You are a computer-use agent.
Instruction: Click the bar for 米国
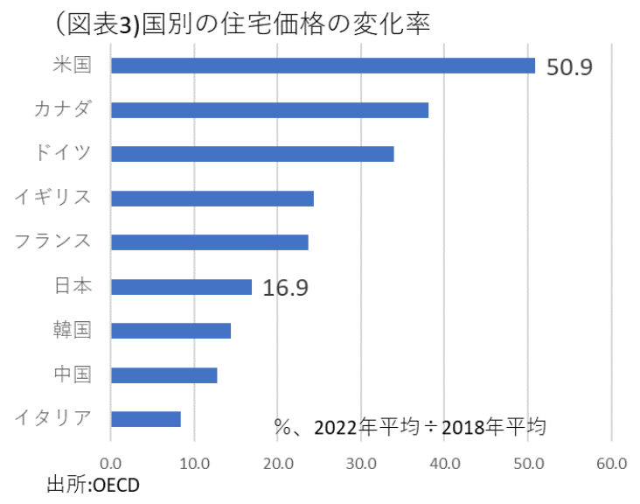pos(323,66)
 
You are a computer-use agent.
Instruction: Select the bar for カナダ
pos(269,110)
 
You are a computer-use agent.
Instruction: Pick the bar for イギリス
pos(212,199)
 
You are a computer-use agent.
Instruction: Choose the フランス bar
pos(210,242)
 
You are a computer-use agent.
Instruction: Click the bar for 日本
pos(181,287)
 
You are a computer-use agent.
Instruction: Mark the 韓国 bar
pos(170,331)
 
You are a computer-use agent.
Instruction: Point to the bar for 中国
pos(163,375)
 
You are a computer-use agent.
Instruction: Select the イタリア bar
pos(146,419)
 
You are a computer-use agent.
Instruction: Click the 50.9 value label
pos(569,67)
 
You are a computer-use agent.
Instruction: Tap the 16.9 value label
pos(286,288)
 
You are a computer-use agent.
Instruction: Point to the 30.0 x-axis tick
pos(361,462)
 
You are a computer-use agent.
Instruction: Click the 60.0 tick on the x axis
pos(611,462)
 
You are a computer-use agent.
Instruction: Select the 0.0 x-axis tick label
pos(111,462)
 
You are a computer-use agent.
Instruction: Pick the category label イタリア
pos(53,418)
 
